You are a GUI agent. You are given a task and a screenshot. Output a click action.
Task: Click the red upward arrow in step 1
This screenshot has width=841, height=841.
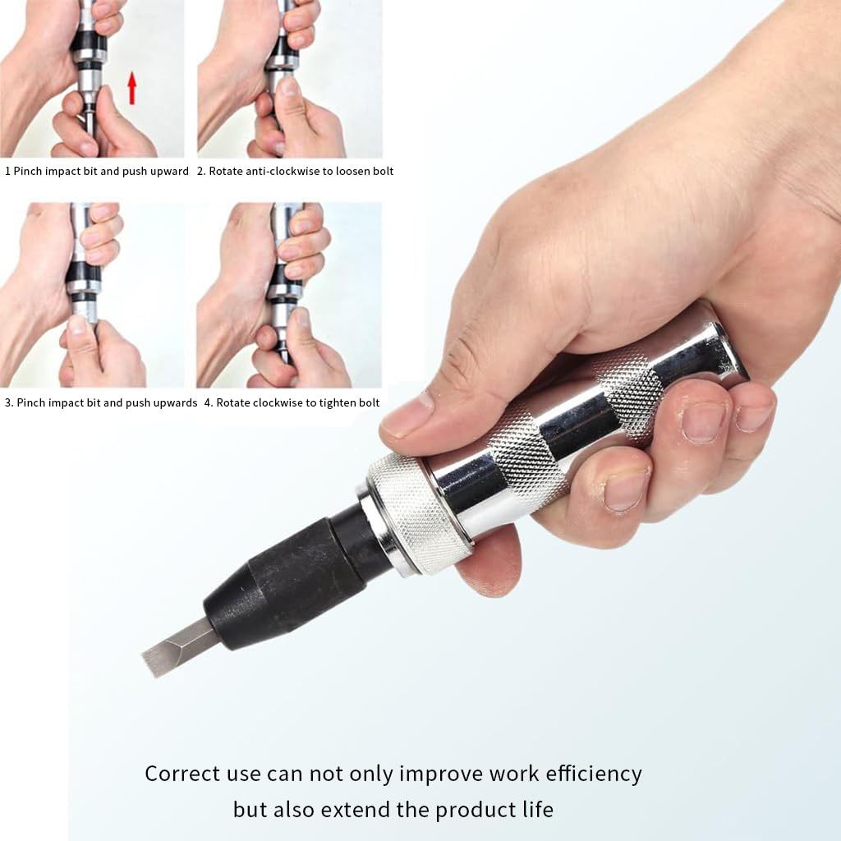tap(131, 88)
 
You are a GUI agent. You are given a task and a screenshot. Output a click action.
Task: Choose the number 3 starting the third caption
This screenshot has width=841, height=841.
tap(7, 403)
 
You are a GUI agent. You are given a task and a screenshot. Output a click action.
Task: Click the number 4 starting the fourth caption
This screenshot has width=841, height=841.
tap(208, 403)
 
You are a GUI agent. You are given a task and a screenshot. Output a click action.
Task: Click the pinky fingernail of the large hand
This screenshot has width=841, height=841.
tap(752, 417)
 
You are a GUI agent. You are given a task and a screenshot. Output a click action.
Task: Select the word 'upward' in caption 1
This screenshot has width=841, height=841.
tap(168, 172)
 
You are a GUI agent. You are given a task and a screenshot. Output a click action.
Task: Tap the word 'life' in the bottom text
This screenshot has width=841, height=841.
tap(535, 810)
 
